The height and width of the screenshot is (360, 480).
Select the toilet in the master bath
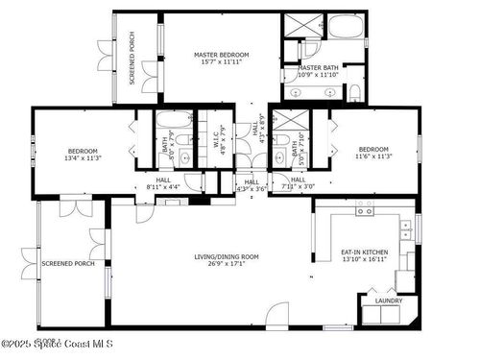point(354,92)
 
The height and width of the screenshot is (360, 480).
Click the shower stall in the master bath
point(297,26)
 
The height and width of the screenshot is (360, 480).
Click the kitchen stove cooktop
point(366,208)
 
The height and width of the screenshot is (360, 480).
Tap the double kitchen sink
point(408,228)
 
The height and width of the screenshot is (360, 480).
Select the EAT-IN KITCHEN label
point(365,252)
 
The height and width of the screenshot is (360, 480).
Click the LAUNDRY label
point(388,300)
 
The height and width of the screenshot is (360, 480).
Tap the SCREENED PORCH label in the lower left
point(67,263)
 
